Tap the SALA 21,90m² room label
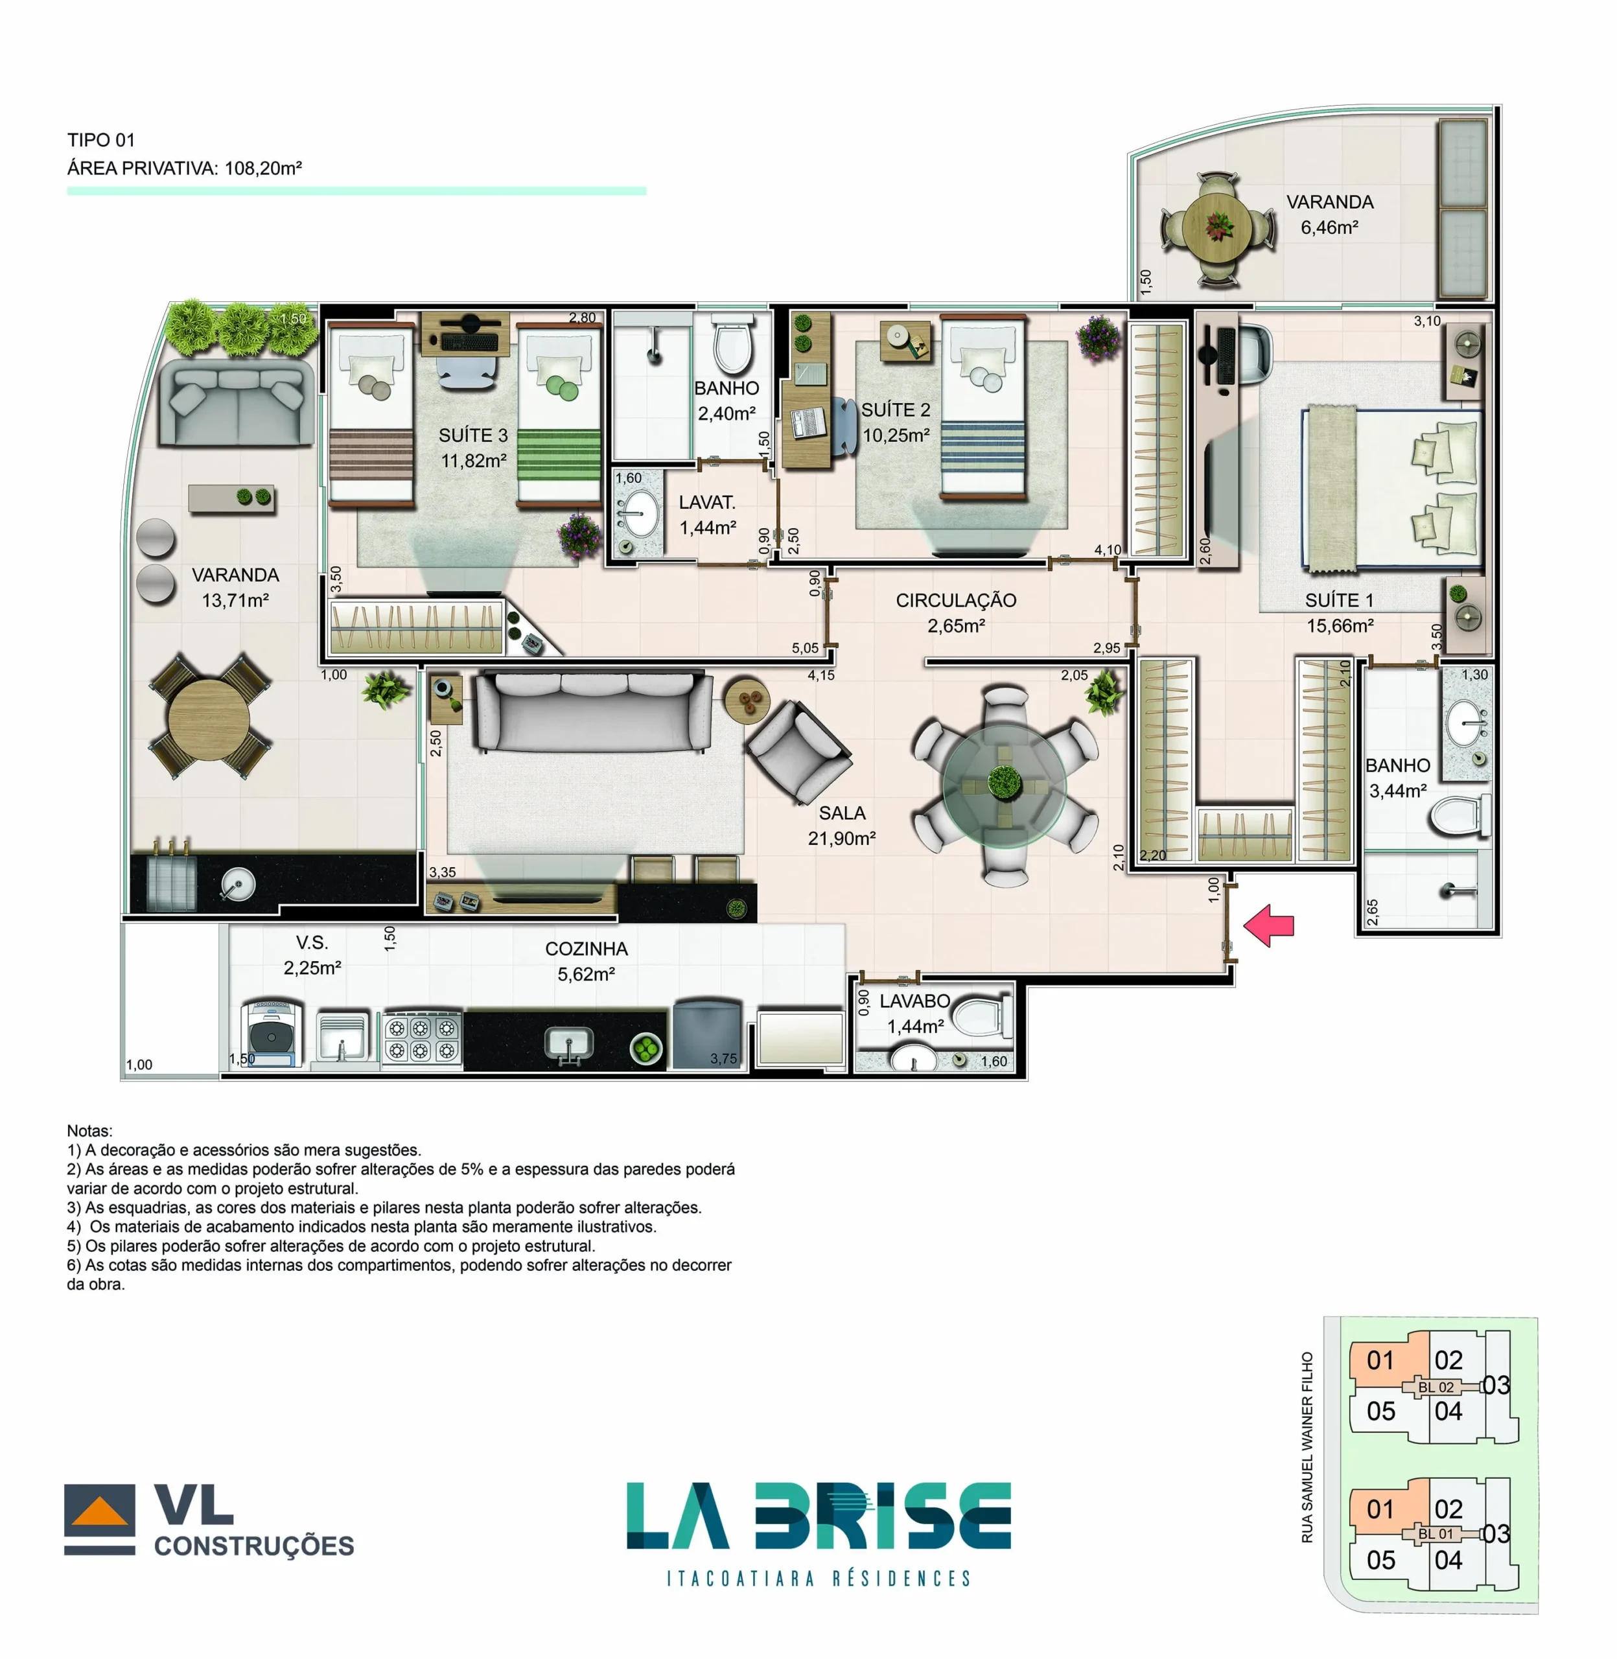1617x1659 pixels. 842,825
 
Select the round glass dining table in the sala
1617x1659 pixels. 1005,785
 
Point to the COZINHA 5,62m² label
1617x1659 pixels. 586,961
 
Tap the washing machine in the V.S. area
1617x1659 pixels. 271,1033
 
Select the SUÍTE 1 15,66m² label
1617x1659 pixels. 1339,613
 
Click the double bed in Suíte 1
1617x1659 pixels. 1393,487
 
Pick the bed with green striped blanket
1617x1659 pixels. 559,416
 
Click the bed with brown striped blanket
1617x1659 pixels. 371,416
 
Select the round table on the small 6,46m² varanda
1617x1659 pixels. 1217,227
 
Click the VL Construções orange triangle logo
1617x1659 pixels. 99,1512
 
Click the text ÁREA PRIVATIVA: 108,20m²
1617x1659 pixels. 184,168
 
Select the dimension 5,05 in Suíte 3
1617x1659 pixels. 804,648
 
